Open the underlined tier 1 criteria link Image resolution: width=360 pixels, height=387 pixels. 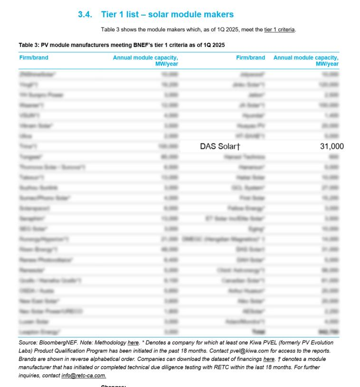280,30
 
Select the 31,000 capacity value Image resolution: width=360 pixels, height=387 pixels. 332,147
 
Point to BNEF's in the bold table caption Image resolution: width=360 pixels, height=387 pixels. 133,45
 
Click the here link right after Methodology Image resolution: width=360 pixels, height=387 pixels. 133,342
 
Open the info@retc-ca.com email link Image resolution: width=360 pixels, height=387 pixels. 84,376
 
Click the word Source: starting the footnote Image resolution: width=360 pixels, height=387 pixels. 28,342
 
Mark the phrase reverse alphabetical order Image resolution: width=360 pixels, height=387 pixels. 87,359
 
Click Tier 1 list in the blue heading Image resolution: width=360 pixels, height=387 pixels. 121,15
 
